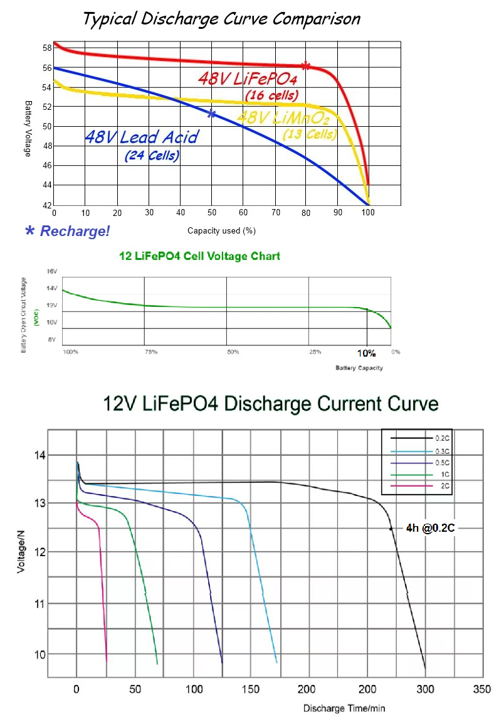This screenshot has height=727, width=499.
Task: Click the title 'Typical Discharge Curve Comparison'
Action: (x=222, y=19)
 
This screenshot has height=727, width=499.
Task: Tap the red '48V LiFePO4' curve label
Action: (x=247, y=80)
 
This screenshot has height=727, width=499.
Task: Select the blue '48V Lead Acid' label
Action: (x=141, y=137)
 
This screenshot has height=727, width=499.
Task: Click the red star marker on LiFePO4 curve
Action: (x=305, y=66)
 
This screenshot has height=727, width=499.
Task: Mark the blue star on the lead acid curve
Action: (x=211, y=114)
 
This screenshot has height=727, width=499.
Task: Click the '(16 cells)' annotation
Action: (x=270, y=95)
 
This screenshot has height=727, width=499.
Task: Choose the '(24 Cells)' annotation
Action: (x=152, y=155)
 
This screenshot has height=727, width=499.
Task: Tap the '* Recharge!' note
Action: (x=67, y=231)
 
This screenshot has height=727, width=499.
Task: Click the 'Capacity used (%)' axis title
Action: (x=221, y=230)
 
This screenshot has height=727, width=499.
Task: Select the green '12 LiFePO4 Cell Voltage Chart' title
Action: (x=199, y=256)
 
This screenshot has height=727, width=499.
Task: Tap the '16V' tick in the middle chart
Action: (x=51, y=271)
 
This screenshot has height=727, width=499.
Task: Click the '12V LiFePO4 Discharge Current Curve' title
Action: (x=271, y=402)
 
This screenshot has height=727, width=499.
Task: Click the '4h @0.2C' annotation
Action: (x=426, y=529)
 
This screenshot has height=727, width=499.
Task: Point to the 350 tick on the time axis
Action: (x=481, y=688)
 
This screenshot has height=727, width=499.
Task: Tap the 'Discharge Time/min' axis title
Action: (x=344, y=708)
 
